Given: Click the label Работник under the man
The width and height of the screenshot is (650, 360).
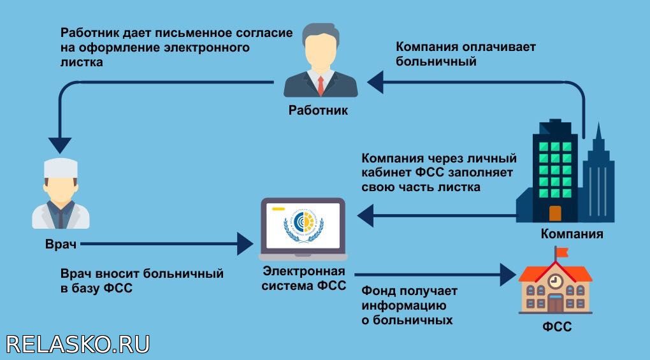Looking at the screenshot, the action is (x=318, y=110).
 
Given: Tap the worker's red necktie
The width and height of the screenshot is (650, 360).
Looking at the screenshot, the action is (x=321, y=85).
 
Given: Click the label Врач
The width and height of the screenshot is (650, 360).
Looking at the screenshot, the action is (x=61, y=244).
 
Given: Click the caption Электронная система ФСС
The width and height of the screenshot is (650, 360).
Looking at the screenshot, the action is (x=304, y=278).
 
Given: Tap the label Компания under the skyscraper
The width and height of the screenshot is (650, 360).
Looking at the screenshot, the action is (x=572, y=234).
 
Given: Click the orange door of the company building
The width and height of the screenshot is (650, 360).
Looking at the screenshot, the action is (x=555, y=213).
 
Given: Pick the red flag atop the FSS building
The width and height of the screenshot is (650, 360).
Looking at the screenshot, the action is (x=562, y=252).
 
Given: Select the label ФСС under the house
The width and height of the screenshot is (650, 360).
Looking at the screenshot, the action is (x=557, y=326).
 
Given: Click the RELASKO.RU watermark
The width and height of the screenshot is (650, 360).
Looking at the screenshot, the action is (x=78, y=344).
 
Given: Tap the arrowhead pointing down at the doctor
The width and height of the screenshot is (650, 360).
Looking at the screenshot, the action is (x=60, y=145).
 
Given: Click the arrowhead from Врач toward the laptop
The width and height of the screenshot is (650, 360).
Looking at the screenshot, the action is (x=245, y=243).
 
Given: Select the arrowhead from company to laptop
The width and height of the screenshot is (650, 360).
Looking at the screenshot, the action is (x=365, y=215).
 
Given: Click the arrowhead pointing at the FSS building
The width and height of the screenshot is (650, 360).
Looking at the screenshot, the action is (x=509, y=275).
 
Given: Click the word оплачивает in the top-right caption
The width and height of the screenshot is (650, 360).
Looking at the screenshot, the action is (x=499, y=47).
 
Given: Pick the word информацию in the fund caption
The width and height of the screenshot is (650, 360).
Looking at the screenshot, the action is (x=404, y=306).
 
